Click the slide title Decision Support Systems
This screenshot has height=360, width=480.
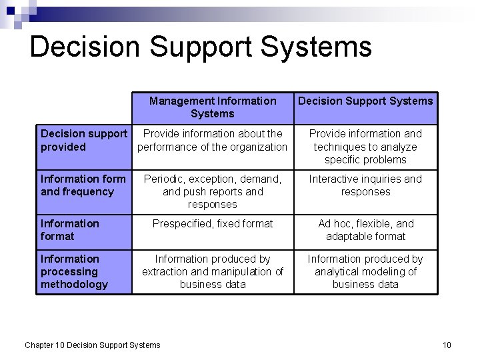pos(201,47)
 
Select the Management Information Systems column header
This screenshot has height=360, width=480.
pos(212,107)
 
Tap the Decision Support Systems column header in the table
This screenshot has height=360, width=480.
pos(365,101)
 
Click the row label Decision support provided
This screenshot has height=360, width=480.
pos(83,140)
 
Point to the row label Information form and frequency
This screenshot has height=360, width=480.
pos(83,185)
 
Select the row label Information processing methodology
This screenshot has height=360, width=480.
pos(73,271)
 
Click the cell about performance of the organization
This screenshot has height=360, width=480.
pos(212,140)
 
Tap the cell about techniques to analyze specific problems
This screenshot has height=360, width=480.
pos(365,147)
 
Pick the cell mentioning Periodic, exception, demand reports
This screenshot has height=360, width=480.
pos(212,191)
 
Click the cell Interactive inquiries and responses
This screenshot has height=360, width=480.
pos(365,185)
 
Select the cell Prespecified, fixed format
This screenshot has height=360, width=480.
pos(212,224)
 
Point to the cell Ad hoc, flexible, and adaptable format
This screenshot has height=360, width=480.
pos(365,230)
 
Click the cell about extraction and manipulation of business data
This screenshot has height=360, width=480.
pos(212,271)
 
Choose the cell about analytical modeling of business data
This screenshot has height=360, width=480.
pos(365,271)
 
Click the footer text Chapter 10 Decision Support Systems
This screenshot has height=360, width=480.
pos(93,345)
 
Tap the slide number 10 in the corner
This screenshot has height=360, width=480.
pos(447,345)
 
